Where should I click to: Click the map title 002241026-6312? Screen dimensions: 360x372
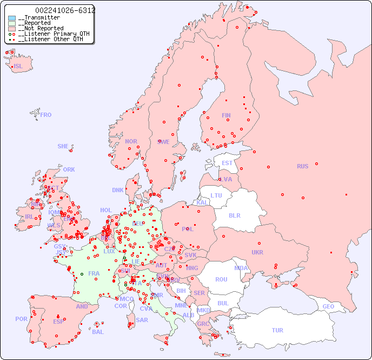[x=65, y=10]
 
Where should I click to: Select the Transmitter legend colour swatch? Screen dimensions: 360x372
[x=12, y=18]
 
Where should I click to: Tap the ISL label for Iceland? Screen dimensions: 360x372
[x=18, y=67]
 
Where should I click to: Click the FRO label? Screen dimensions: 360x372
[x=46, y=115]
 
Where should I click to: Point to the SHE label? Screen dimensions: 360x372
[x=63, y=146]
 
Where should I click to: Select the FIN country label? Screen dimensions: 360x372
[x=226, y=115]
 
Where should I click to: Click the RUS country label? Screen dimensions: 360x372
[x=302, y=166]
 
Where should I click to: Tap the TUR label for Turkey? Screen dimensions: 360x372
[x=277, y=330]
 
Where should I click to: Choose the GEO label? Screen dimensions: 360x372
[x=328, y=306]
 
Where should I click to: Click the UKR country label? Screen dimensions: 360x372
[x=257, y=252]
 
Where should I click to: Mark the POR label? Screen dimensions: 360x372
[x=21, y=319]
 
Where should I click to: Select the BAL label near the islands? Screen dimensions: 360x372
[x=97, y=332]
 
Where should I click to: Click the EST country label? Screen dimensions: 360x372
[x=227, y=163]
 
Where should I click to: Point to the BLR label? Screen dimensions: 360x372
[x=235, y=215]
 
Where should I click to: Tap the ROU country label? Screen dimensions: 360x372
[x=221, y=279]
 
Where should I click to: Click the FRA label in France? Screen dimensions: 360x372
[x=94, y=273]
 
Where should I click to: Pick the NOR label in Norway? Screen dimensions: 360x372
[x=131, y=141]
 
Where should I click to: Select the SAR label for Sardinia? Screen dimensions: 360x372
[x=142, y=320]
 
